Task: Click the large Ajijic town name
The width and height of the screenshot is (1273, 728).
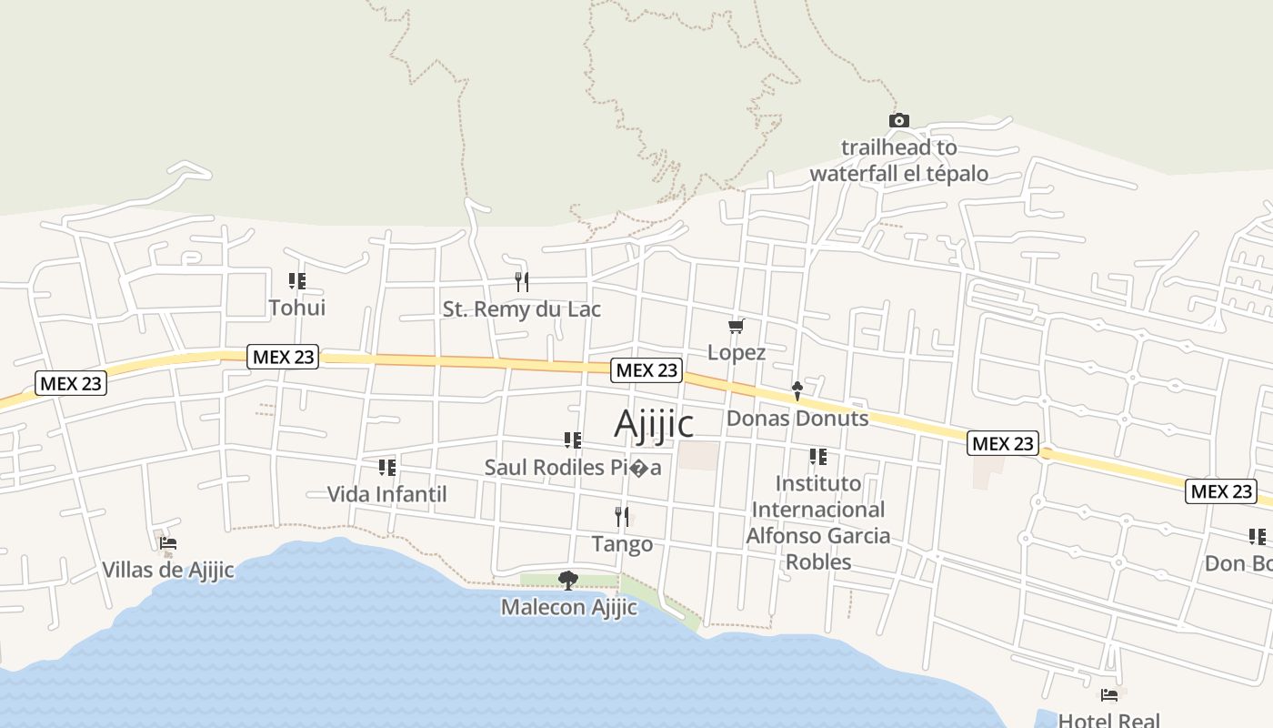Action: pos(654,424)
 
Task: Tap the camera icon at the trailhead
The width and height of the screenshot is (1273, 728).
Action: pos(898,120)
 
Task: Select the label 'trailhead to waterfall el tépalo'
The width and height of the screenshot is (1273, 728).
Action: pos(898,160)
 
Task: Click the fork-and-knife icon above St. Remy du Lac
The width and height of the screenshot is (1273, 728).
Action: pos(521,281)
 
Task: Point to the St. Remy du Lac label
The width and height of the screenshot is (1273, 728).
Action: pos(521,309)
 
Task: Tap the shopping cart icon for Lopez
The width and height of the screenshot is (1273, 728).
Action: pos(736,326)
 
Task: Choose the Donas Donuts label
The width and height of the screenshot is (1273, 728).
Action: pos(797,419)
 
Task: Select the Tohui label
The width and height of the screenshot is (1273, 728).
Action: pos(296,308)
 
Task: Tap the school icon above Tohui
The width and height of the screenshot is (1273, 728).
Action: pos(296,281)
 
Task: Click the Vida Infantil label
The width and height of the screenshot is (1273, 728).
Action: pos(386,494)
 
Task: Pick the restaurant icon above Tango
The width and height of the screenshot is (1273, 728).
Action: pos(622,517)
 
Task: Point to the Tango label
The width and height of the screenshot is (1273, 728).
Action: pos(622,544)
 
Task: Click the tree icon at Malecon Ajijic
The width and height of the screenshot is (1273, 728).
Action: pos(568,580)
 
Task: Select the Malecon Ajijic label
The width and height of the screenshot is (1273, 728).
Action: pos(568,607)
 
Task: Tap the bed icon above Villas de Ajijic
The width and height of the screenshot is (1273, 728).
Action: pos(167,544)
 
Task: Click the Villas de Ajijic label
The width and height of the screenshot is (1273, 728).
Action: pos(167,571)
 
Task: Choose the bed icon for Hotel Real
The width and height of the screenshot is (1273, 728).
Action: pos(1109,695)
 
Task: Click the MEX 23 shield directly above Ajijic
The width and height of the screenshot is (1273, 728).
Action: pos(647,369)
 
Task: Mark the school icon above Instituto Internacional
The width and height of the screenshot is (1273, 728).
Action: pos(817,456)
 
